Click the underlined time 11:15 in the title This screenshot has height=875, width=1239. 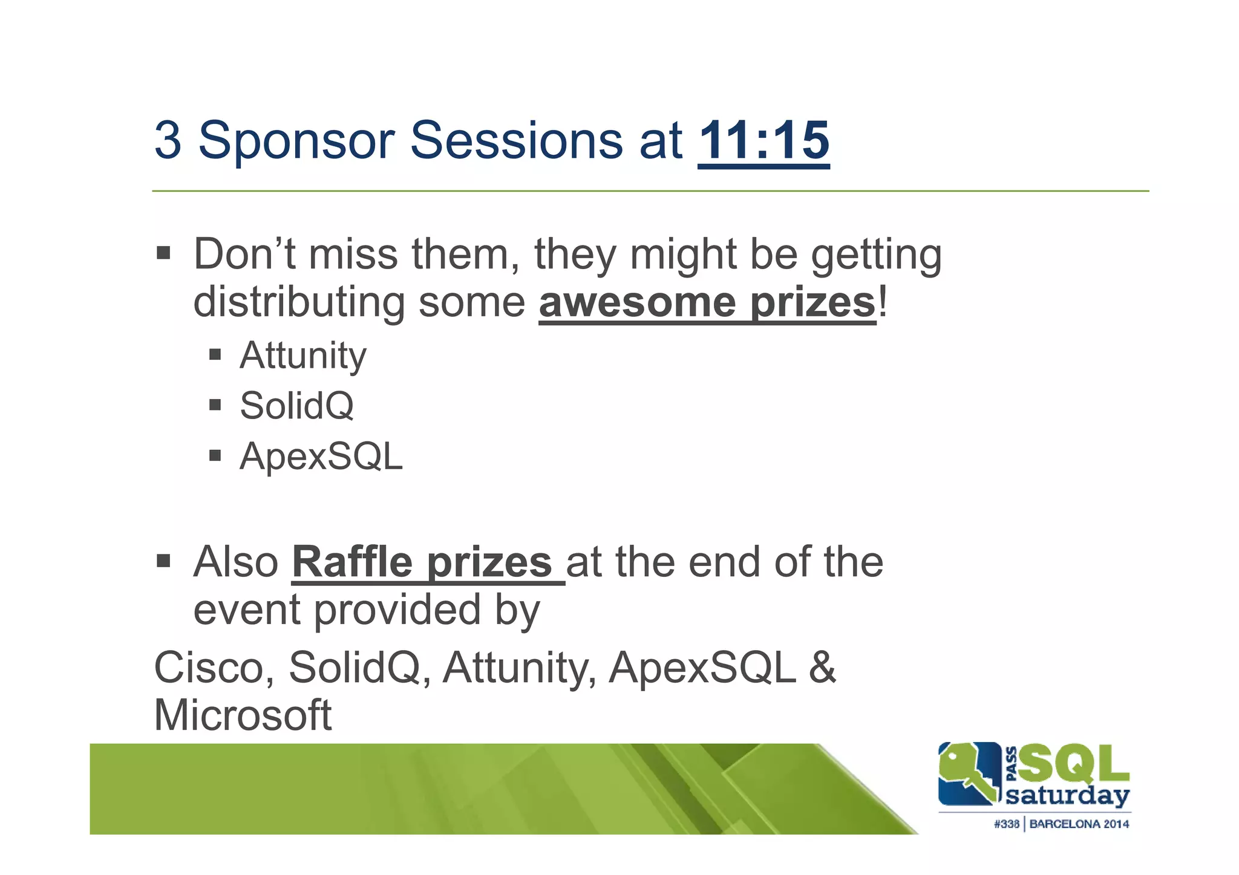(x=763, y=141)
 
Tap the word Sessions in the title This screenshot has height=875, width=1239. (x=516, y=141)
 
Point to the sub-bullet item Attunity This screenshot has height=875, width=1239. (x=303, y=356)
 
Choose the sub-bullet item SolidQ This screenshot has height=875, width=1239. (x=296, y=406)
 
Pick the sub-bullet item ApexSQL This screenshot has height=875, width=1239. (x=321, y=456)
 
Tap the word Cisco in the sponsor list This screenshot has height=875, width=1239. (x=214, y=668)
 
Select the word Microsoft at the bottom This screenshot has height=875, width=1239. (x=243, y=715)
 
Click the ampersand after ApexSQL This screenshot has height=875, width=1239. (x=822, y=668)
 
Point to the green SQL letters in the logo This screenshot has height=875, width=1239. (x=1074, y=763)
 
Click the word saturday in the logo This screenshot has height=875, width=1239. (x=1068, y=796)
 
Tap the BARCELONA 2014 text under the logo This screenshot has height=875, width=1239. (x=1079, y=824)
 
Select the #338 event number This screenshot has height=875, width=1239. (x=1007, y=824)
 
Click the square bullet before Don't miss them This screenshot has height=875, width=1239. (x=163, y=253)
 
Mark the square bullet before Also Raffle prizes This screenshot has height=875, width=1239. (x=163, y=561)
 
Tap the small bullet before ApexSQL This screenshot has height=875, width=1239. (x=215, y=455)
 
